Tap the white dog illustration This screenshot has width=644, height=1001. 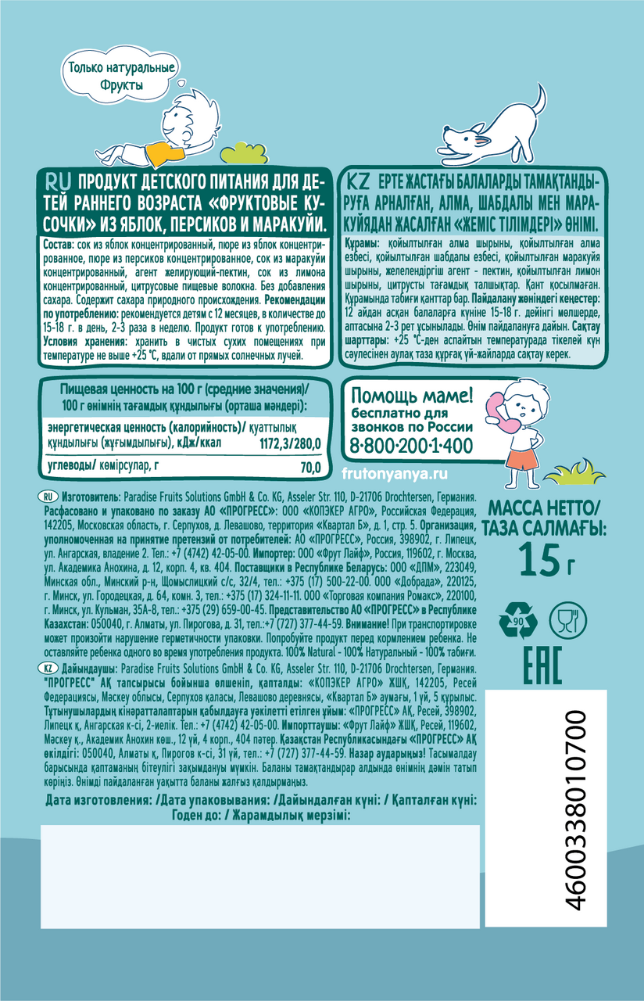pyautogui.click(x=494, y=125)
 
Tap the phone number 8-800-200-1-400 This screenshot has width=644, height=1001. pyautogui.click(x=412, y=445)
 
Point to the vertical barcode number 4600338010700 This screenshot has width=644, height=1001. pyautogui.click(x=575, y=810)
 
